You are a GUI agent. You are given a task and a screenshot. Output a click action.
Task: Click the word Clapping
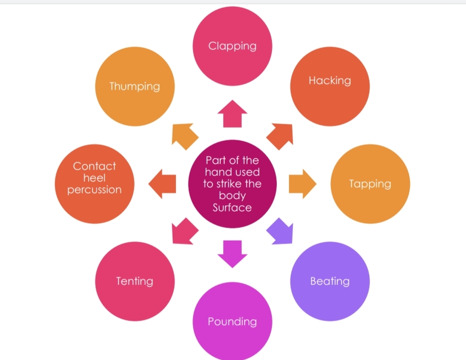point(232,46)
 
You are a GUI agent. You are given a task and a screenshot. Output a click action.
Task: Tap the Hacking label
point(330,81)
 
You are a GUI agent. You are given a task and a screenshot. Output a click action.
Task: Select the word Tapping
point(370,184)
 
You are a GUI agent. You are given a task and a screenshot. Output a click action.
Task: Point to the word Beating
point(330,281)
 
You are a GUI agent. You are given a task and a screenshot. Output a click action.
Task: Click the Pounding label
point(232,322)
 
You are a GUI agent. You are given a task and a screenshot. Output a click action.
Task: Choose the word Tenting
point(135,281)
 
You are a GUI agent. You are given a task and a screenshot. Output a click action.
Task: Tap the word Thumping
point(135,87)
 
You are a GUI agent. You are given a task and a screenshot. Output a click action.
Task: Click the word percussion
point(95,189)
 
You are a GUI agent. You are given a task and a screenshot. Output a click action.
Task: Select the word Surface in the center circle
point(232,208)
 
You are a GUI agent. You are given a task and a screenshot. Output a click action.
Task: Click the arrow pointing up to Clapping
point(232,114)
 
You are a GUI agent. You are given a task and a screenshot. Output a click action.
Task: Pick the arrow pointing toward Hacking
point(281,135)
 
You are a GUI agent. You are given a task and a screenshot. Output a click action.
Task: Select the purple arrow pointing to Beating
point(281,231)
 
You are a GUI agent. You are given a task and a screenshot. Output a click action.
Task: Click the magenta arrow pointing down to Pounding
point(232,253)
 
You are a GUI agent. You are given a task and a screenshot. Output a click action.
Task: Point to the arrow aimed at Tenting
point(184,231)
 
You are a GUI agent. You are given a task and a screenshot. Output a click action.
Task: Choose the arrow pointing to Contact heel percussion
point(162,184)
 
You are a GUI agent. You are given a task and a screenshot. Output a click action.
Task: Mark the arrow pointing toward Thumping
point(184,135)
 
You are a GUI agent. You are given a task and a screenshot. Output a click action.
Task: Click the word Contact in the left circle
point(95,166)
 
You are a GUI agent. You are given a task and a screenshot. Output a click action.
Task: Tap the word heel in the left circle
point(95,178)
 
